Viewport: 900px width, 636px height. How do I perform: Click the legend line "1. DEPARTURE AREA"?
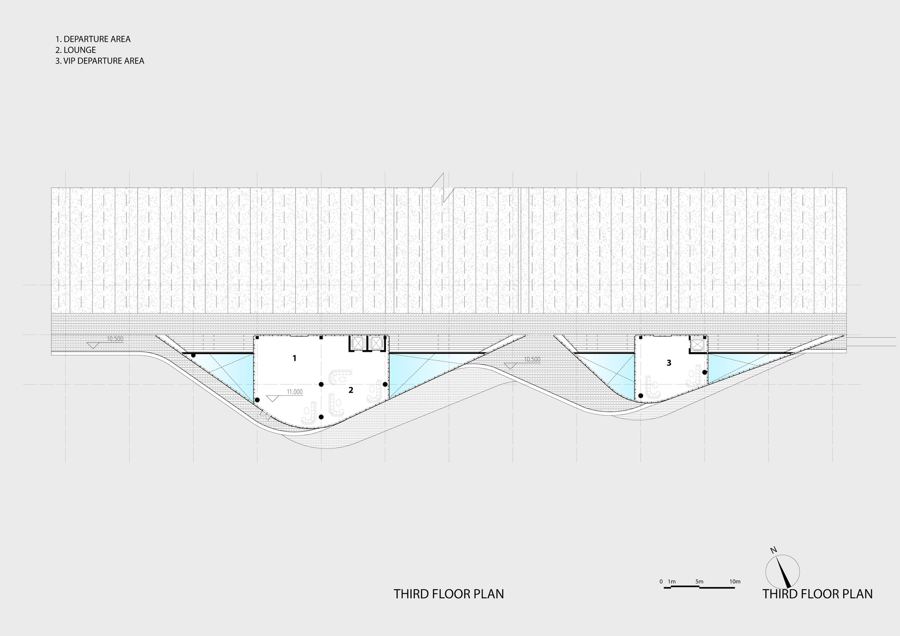click(x=93, y=39)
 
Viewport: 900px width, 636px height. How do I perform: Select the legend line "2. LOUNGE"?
click(x=76, y=50)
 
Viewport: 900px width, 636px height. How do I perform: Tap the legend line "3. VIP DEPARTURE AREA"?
click(x=100, y=61)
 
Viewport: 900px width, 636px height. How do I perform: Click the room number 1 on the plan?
click(x=294, y=358)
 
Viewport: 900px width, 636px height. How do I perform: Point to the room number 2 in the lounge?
click(x=351, y=390)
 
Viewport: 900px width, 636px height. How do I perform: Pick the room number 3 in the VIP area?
click(x=669, y=363)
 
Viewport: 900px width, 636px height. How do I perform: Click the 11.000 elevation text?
click(x=295, y=392)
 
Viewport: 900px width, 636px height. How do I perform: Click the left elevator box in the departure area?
click(x=358, y=343)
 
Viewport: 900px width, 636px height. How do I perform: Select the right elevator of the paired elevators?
click(x=375, y=343)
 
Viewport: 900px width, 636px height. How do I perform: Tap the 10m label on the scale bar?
click(x=735, y=582)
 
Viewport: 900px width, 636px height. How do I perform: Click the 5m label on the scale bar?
click(x=699, y=582)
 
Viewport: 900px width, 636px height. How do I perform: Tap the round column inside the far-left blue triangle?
click(x=193, y=355)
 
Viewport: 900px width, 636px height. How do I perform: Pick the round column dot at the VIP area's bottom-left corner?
click(x=641, y=396)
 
